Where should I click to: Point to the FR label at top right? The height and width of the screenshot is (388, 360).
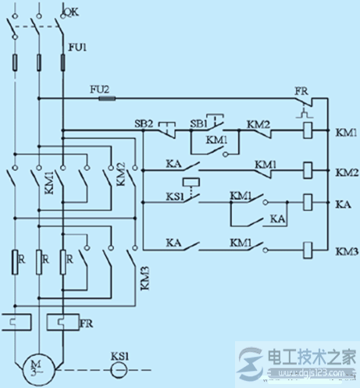click(x=301, y=91)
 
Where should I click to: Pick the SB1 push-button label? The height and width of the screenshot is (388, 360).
click(x=199, y=123)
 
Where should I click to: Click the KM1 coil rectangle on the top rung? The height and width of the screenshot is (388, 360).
click(x=308, y=131)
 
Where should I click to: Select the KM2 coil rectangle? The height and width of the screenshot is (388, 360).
click(x=308, y=167)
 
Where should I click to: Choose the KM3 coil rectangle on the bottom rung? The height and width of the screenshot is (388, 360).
click(x=308, y=250)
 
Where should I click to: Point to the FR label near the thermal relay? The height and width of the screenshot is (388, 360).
click(x=87, y=321)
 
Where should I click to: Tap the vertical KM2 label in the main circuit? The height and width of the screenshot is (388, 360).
click(x=120, y=173)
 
